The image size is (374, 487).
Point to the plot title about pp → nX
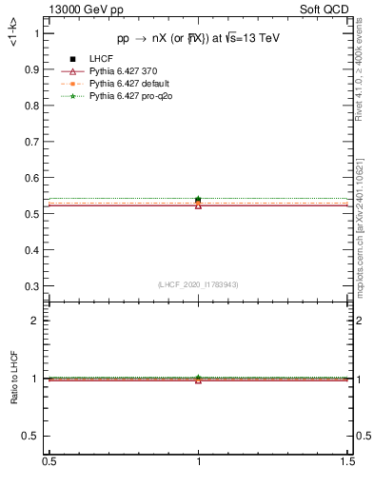[x=198, y=38]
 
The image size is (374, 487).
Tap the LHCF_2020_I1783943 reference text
[x=198, y=284]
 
